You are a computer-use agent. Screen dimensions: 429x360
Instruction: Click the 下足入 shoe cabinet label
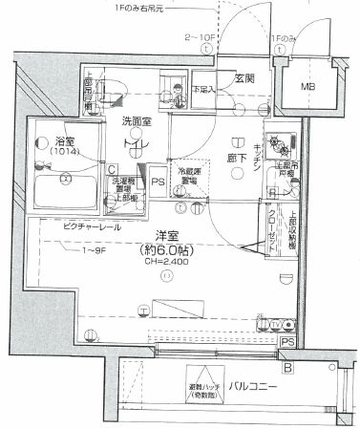[x=201, y=91]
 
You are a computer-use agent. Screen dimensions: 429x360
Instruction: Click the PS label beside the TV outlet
[x=287, y=341]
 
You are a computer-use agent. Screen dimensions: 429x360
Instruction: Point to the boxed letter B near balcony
[x=287, y=364]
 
